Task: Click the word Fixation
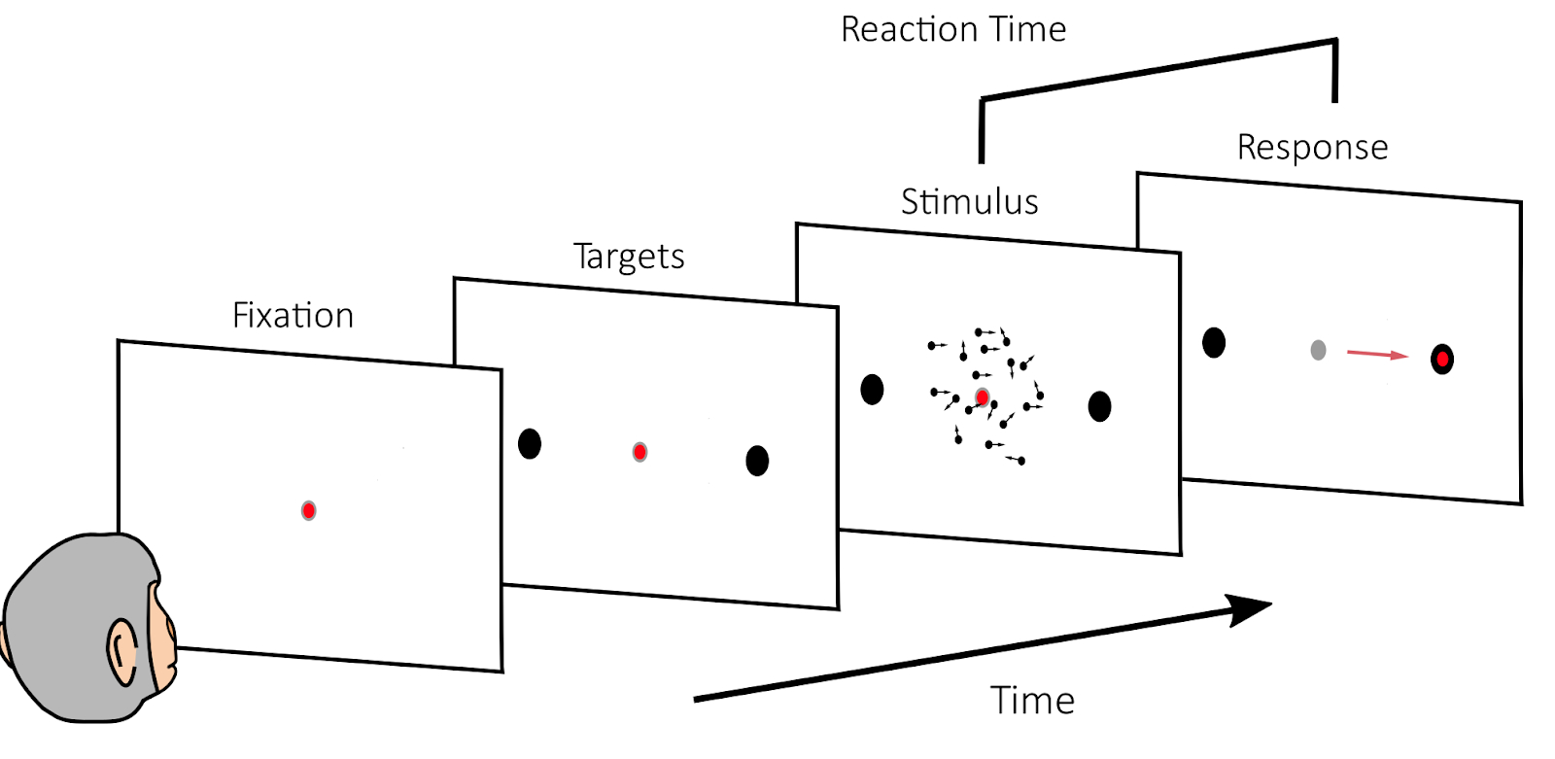293,316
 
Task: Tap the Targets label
629,257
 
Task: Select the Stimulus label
969,202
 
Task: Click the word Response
1312,148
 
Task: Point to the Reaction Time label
953,30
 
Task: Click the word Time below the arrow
1032,701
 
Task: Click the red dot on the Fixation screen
308,510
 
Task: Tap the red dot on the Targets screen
639,452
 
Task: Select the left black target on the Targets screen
530,444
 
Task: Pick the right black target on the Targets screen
757,460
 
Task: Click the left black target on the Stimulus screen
872,390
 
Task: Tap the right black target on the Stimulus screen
1099,406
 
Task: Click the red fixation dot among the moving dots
983,397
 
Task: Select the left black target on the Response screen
1214,343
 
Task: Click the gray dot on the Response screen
1318,350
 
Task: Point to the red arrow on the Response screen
1376,355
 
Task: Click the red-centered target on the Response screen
1442,360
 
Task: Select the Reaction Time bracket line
1157,70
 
